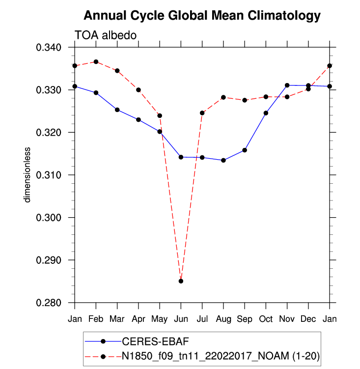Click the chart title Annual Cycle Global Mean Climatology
point(202,16)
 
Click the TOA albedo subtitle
point(105,35)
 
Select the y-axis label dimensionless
point(28,174)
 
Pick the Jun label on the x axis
point(181,319)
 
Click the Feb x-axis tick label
point(96,319)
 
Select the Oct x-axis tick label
point(266,319)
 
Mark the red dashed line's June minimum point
point(181,281)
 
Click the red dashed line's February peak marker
point(96,62)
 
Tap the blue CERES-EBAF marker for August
point(223,160)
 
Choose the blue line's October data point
point(266,113)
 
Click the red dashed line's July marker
point(202,113)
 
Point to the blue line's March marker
point(117,110)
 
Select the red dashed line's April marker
point(138,90)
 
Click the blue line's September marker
point(245,150)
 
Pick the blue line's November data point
point(287,85)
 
